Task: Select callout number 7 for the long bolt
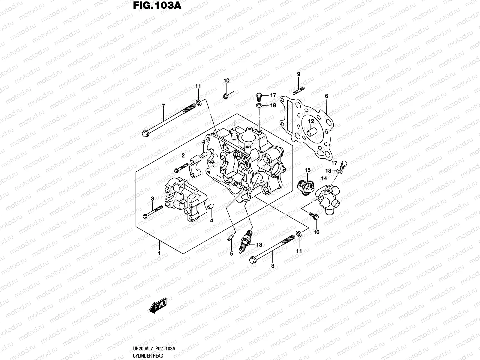(x=163, y=106)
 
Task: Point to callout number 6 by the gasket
(x=326, y=96)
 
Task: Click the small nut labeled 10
(x=226, y=96)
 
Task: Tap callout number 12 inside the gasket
(x=311, y=121)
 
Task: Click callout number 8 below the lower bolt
(x=272, y=265)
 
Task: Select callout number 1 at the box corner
(x=159, y=253)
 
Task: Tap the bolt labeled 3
(x=153, y=211)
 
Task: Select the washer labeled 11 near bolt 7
(x=199, y=103)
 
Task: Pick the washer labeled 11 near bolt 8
(x=299, y=234)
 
